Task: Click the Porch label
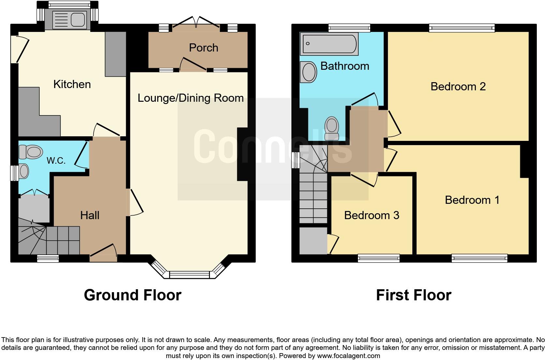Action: point(203,48)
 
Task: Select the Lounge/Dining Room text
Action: point(190,98)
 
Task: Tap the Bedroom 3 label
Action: point(372,215)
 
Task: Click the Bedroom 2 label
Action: point(458,86)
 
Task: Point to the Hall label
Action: point(90,215)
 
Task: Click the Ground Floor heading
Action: point(132,295)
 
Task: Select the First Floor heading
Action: point(413,295)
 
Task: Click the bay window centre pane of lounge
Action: point(189,275)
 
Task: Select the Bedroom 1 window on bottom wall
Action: point(479,259)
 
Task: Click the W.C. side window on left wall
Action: point(14,173)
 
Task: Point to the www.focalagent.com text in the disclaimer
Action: point(348,356)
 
